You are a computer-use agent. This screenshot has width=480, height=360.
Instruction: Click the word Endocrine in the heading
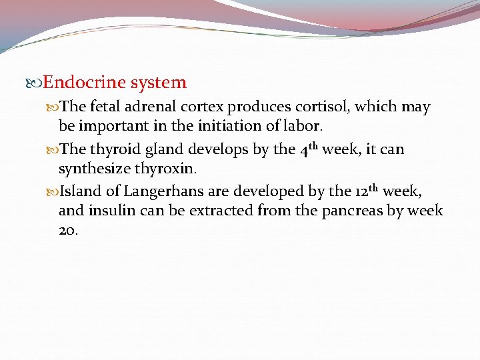pyautogui.click(x=85, y=83)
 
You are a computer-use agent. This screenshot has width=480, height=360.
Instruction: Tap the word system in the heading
pyautogui.click(x=159, y=83)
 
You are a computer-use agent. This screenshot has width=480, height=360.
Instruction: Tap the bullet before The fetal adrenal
pyautogui.click(x=53, y=107)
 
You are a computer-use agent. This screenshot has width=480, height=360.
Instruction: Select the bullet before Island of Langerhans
pyautogui.click(x=53, y=192)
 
